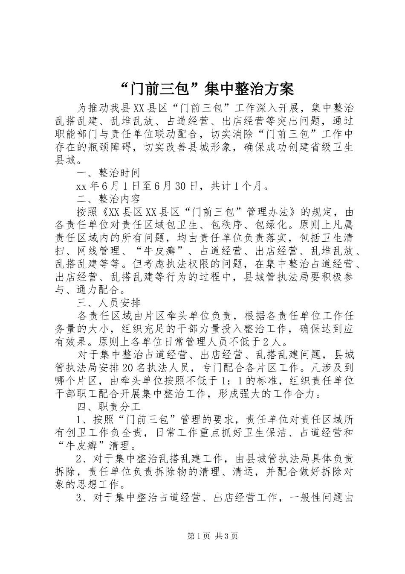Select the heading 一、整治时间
[108, 173]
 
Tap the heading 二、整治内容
[108, 199]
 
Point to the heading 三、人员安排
[108, 303]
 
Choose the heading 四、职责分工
[108, 407]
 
